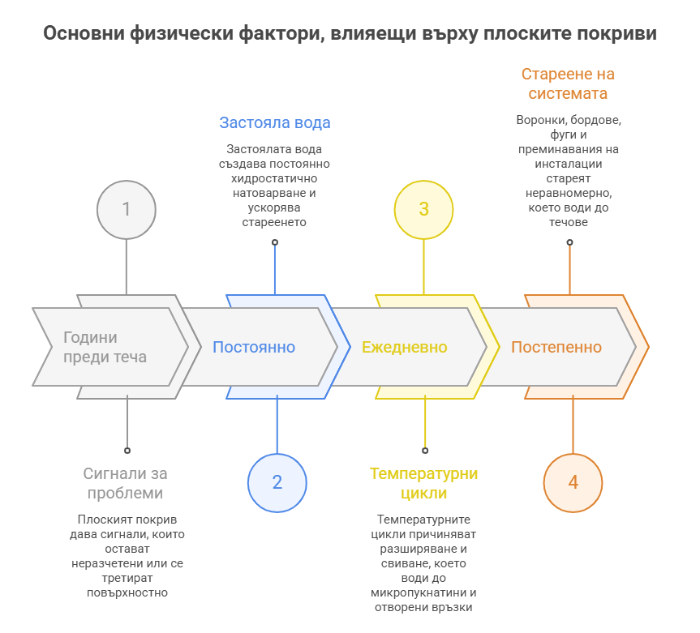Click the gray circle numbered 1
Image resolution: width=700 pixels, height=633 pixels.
(126, 209)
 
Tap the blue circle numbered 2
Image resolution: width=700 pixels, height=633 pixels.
(277, 482)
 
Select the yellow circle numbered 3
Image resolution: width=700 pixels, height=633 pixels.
(423, 209)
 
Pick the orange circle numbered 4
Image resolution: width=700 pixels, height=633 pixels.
(573, 482)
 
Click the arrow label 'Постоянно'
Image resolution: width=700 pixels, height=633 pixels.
(254, 347)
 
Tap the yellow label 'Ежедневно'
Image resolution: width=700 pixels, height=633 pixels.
(404, 347)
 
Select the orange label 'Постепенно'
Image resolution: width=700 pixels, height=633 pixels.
(556, 347)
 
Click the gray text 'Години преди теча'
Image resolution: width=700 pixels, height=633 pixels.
(105, 347)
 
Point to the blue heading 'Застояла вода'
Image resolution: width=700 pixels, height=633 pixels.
(275, 123)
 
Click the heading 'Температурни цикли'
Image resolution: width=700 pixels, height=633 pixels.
(424, 483)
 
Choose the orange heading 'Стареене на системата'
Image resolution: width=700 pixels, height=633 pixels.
(568, 83)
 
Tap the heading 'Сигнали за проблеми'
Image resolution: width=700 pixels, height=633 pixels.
(125, 483)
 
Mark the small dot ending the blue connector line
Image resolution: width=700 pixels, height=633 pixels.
(274, 242)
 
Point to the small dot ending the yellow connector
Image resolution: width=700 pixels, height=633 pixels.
(425, 450)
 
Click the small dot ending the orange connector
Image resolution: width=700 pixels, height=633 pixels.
(569, 242)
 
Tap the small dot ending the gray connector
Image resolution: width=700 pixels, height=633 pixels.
(127, 450)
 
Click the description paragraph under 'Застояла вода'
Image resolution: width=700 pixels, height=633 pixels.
(275, 186)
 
